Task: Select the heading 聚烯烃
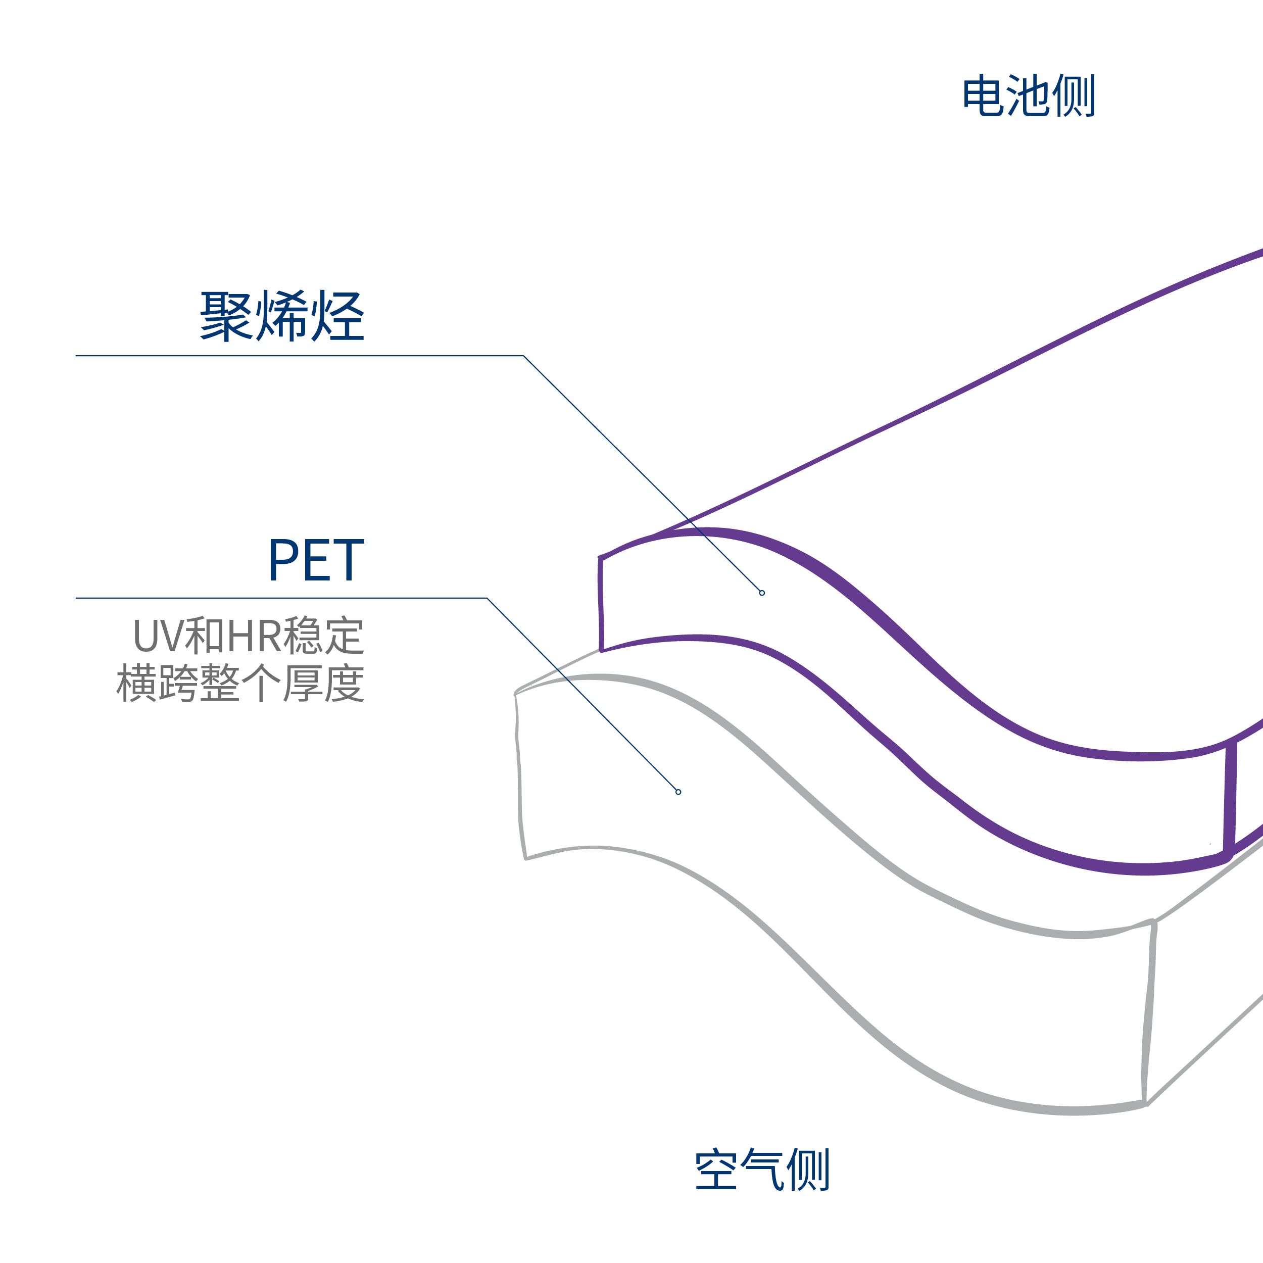coord(282,316)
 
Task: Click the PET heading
coord(316,560)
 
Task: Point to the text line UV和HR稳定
coord(249,636)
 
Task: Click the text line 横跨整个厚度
coord(240,684)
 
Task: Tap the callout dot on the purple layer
coord(762,593)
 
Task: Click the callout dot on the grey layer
coord(678,792)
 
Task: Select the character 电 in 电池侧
coord(983,96)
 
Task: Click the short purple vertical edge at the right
coord(1230,798)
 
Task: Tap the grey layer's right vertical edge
coord(1149,1013)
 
